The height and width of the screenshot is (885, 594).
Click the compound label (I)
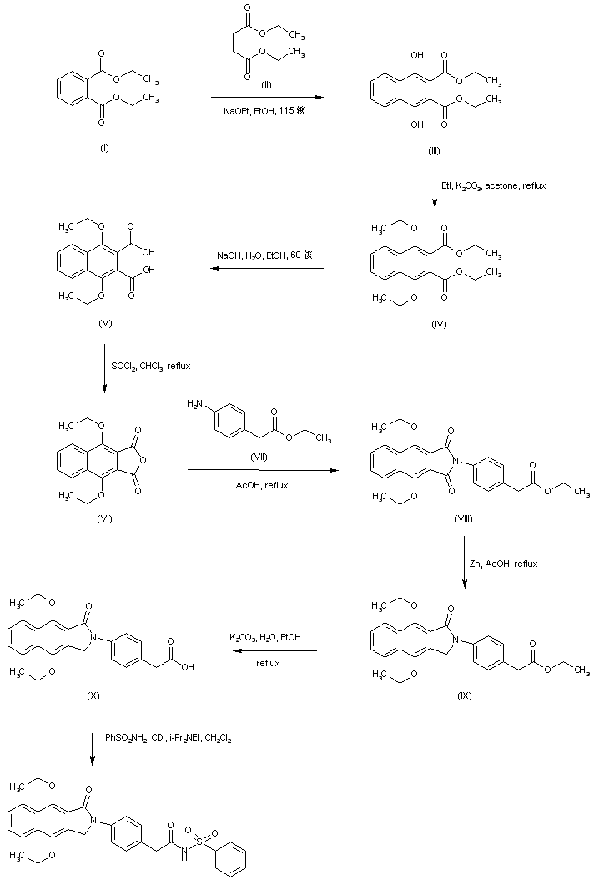[103, 147]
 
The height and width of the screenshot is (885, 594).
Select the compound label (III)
[433, 150]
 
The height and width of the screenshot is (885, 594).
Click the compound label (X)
[93, 695]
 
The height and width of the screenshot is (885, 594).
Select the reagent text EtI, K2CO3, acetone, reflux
[494, 185]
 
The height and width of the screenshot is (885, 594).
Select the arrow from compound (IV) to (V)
[266, 269]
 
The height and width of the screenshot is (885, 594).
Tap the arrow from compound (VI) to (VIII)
[264, 471]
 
